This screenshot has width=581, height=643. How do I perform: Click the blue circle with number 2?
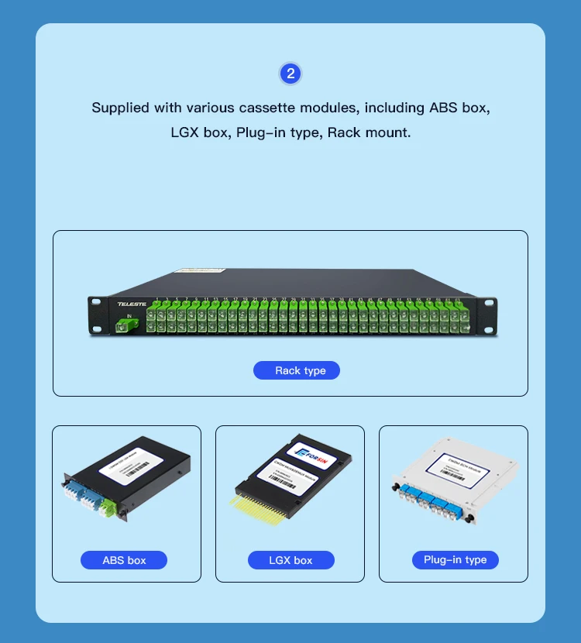tap(290, 74)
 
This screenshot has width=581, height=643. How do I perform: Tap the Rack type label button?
tap(297, 370)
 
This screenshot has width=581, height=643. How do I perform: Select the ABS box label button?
tap(124, 560)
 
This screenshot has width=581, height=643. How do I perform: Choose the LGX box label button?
tap(291, 560)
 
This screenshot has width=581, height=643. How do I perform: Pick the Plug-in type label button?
tap(455, 559)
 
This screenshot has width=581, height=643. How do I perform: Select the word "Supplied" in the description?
tap(120, 108)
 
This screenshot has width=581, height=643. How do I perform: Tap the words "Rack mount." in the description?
tap(369, 132)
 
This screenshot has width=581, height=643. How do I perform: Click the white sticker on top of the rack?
tap(198, 272)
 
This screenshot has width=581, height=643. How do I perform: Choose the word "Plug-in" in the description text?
tap(262, 132)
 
